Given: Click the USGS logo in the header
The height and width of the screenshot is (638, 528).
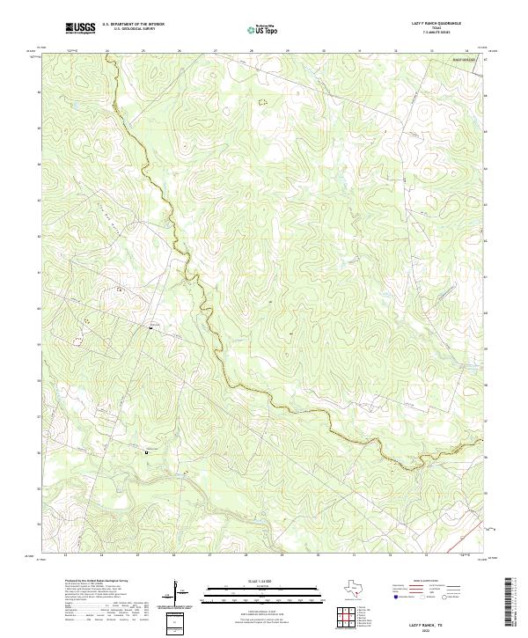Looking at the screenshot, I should coord(80,28).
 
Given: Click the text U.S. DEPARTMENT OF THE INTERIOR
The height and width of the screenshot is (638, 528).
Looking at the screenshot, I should coord(133,25).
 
